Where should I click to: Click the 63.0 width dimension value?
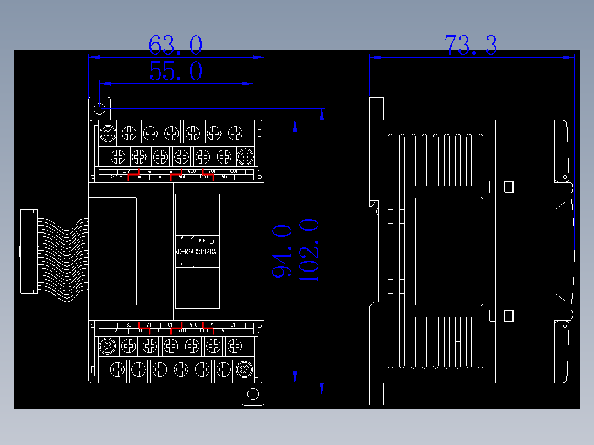175,45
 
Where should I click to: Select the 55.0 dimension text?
175,72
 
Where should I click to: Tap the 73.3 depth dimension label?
471,45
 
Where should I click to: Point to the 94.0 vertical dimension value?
282,251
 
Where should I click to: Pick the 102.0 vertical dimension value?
309,251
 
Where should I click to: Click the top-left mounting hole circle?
100,108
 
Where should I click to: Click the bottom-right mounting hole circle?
253,394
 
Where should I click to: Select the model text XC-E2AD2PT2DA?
196,252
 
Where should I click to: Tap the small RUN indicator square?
212,241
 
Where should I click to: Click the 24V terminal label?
116,177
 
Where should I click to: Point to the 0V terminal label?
127,171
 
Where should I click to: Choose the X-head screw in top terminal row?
107,133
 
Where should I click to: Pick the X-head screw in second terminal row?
245,157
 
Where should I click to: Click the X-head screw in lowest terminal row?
244,370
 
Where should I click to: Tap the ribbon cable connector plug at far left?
29,251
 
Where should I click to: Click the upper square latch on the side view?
509,187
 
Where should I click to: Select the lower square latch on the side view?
509,316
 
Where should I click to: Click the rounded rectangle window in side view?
449,251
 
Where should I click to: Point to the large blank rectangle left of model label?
112,251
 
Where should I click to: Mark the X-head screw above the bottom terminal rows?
107,346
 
